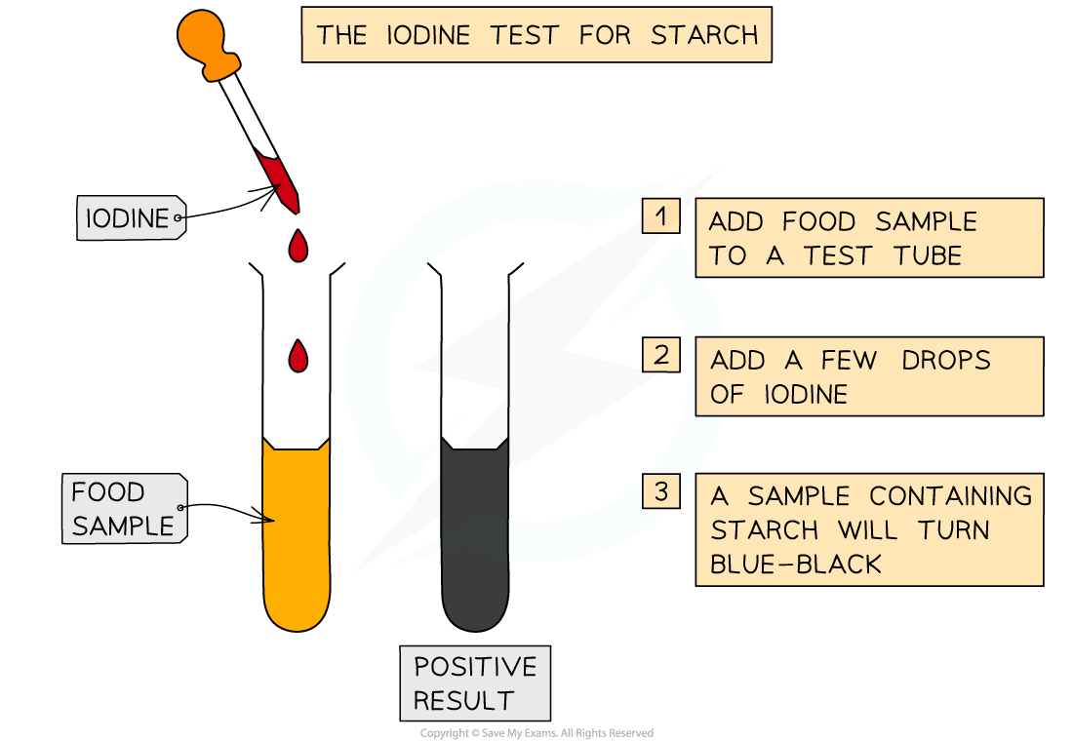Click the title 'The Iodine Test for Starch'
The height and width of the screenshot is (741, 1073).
tap(536, 35)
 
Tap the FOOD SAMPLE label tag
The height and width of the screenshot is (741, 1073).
tap(123, 509)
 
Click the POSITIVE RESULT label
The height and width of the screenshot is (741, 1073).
tap(475, 683)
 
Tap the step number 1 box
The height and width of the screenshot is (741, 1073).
tap(661, 216)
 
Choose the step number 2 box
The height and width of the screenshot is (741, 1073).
tap(661, 355)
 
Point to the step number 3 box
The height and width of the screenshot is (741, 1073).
tap(661, 491)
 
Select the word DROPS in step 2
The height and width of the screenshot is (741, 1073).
tap(945, 360)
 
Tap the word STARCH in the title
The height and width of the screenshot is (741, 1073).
tap(704, 35)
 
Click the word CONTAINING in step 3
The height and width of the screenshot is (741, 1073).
tap(950, 496)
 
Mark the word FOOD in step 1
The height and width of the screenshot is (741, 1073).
tap(819, 221)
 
